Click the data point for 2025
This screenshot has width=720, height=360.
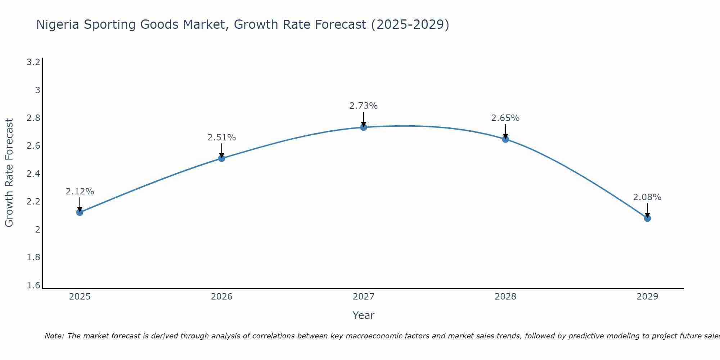(80, 212)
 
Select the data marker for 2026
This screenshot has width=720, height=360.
(222, 158)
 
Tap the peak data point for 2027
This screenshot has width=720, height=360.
(364, 127)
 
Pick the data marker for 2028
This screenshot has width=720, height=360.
(505, 139)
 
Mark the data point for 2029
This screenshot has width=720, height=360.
(647, 218)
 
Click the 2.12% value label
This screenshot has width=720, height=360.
(80, 192)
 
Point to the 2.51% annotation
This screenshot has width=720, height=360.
(222, 138)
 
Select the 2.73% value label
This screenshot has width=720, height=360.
(364, 106)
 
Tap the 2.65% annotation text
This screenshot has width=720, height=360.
(505, 118)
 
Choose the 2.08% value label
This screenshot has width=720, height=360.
(647, 197)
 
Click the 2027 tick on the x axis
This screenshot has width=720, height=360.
(364, 297)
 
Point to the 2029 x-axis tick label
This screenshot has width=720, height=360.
(647, 297)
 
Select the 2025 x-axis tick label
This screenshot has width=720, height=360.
(80, 297)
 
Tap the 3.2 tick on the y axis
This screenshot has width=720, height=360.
(33, 62)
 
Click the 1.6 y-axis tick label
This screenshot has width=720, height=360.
(33, 285)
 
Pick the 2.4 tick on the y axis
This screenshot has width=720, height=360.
(33, 174)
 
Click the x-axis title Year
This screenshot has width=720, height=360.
(364, 315)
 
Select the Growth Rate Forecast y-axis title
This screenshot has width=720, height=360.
(9, 173)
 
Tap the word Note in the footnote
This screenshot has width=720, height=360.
(54, 336)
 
